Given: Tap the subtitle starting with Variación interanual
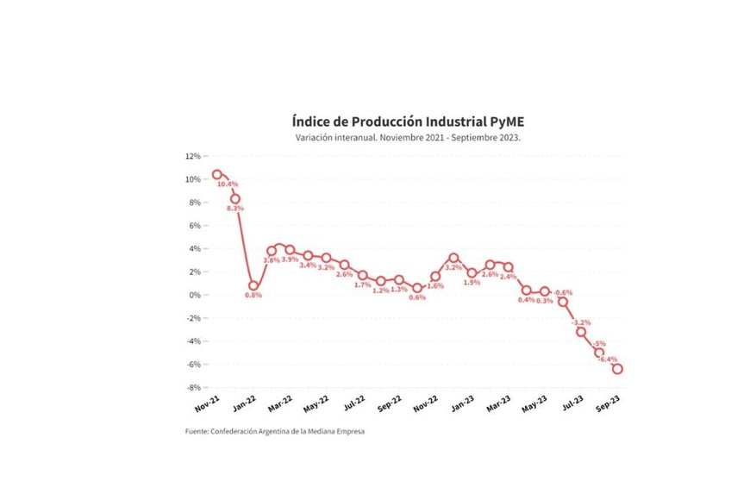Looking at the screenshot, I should [x=408, y=137].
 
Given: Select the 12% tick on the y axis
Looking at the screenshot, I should [x=192, y=156].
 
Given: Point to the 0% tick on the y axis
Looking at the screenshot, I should [x=194, y=295].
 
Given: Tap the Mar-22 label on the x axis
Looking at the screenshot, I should [x=280, y=403].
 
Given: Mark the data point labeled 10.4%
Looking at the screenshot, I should [x=217, y=175].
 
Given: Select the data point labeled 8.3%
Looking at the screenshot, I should [x=234, y=199].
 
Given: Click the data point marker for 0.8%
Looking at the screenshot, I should [x=253, y=285].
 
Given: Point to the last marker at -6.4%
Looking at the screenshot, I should [x=617, y=369].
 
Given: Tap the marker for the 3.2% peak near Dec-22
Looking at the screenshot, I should [x=453, y=258].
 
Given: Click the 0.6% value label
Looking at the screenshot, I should [x=417, y=297].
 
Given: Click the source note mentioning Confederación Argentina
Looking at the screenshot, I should [x=275, y=432].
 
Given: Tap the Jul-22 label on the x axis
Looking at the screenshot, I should [x=354, y=403].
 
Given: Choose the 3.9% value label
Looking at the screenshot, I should [x=291, y=259].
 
